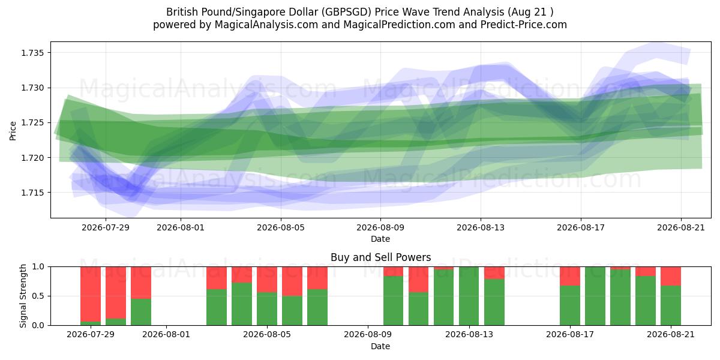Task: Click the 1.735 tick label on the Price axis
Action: (x=32, y=53)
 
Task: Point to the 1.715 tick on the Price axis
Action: (x=32, y=193)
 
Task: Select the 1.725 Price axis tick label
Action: (x=32, y=123)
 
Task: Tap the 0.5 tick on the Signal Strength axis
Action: (x=38, y=296)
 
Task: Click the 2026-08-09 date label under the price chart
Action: (x=380, y=227)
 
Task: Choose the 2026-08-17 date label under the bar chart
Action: (x=570, y=335)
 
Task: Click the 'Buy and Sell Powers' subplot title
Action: (x=380, y=257)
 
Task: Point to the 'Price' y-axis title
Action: (x=13, y=131)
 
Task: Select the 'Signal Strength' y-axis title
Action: (x=23, y=296)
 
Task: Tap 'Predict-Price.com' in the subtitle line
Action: (x=524, y=25)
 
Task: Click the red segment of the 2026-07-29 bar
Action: (x=91, y=294)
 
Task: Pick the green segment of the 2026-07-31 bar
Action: (x=141, y=312)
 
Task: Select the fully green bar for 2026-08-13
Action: (x=469, y=296)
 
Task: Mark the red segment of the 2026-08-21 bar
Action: (x=671, y=276)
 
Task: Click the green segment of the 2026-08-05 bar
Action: (x=267, y=308)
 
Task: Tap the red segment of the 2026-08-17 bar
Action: (x=570, y=276)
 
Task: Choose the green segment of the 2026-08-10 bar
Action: (x=394, y=301)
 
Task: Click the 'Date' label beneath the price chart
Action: (x=380, y=239)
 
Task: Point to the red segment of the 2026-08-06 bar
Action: (x=292, y=281)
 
